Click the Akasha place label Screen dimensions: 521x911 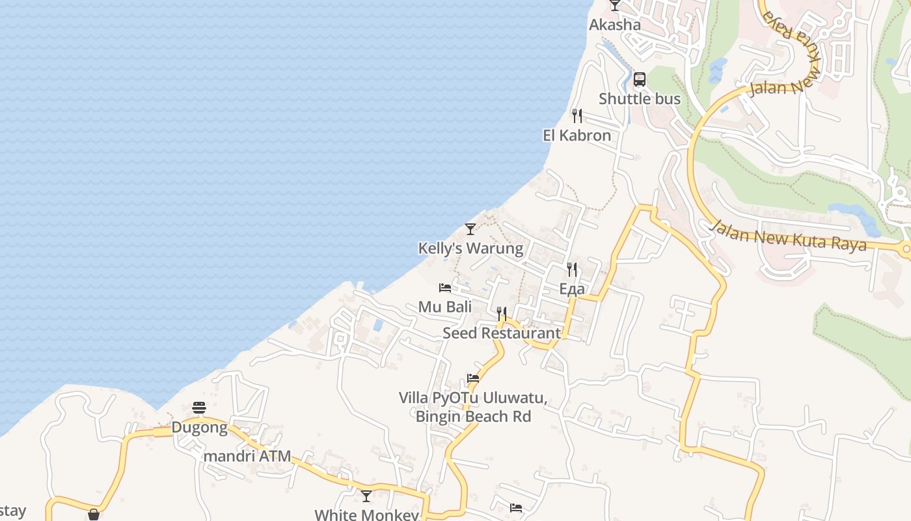click(615, 25)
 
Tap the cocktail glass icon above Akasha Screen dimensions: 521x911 click(615, 5)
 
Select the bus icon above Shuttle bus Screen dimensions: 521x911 click(640, 79)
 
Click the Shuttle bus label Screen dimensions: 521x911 click(640, 99)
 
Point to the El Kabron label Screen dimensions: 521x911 click(577, 135)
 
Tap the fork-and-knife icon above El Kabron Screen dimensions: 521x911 click(577, 116)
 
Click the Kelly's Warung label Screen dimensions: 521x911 click(470, 248)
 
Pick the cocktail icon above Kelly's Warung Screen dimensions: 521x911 click(470, 229)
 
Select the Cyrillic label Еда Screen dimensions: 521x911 click(572, 289)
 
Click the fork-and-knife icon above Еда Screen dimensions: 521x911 click(572, 269)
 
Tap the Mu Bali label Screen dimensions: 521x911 click(445, 307)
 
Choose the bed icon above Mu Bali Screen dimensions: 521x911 click(445, 287)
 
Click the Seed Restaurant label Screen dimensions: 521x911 click(502, 333)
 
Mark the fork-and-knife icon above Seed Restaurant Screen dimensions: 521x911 click(502, 313)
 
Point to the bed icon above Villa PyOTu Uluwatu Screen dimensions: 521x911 click(473, 378)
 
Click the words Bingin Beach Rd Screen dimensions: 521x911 click(473, 416)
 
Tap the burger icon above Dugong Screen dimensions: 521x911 click(199, 408)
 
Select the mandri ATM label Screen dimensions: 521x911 click(247, 456)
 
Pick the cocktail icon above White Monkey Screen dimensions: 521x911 click(366, 496)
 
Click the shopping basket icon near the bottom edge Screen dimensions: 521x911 click(94, 514)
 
